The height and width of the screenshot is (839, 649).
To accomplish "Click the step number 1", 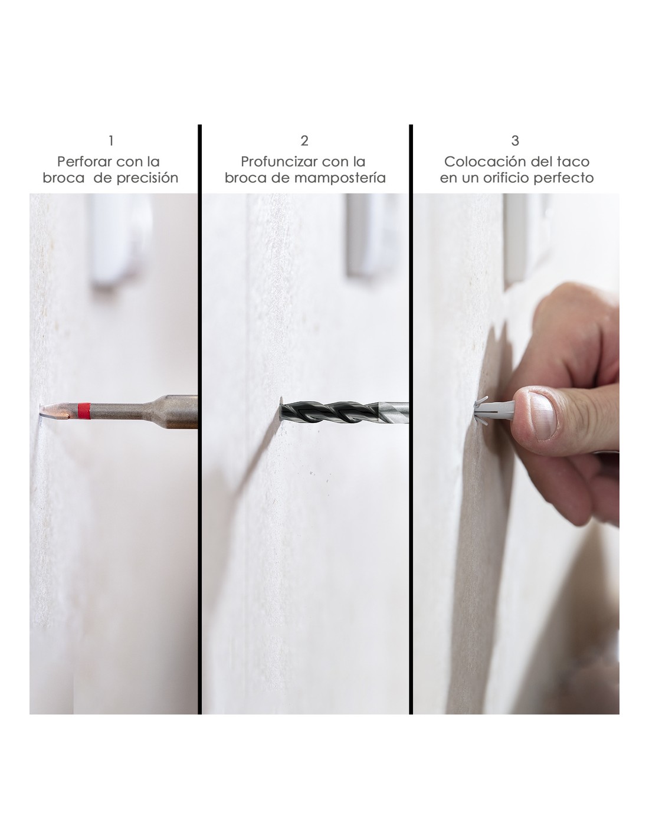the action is point(111,140).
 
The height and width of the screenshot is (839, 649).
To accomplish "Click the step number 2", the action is point(304,140).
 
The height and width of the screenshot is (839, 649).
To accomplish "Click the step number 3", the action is point(515,140).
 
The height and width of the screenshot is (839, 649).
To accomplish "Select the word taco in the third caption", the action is point(576,162).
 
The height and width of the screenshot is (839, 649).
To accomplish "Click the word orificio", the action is point(504,178).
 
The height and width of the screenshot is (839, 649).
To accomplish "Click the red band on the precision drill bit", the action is point(84,410).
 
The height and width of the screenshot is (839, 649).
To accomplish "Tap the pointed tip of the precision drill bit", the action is point(40,414).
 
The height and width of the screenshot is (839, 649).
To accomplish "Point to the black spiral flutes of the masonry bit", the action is point(328,412).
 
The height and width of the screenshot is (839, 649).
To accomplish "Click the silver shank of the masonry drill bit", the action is point(393,412).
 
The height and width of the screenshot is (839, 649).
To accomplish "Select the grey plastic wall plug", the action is point(495,411).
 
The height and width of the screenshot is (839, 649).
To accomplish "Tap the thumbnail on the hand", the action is point(542,415).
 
